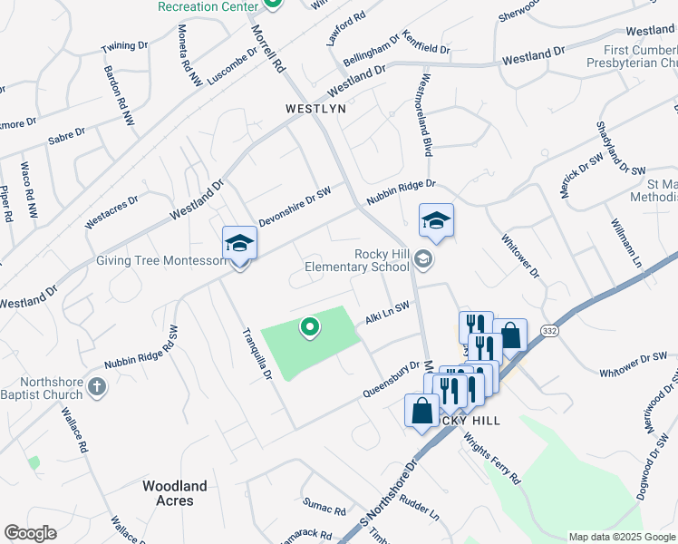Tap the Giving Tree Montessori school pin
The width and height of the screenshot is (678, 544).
click(x=240, y=245)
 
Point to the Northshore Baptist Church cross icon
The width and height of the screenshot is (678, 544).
click(x=98, y=388)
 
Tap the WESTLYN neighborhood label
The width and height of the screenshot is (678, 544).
click(x=316, y=108)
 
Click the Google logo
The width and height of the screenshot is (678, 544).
click(x=30, y=533)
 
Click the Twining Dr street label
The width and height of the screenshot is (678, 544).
click(x=124, y=46)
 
